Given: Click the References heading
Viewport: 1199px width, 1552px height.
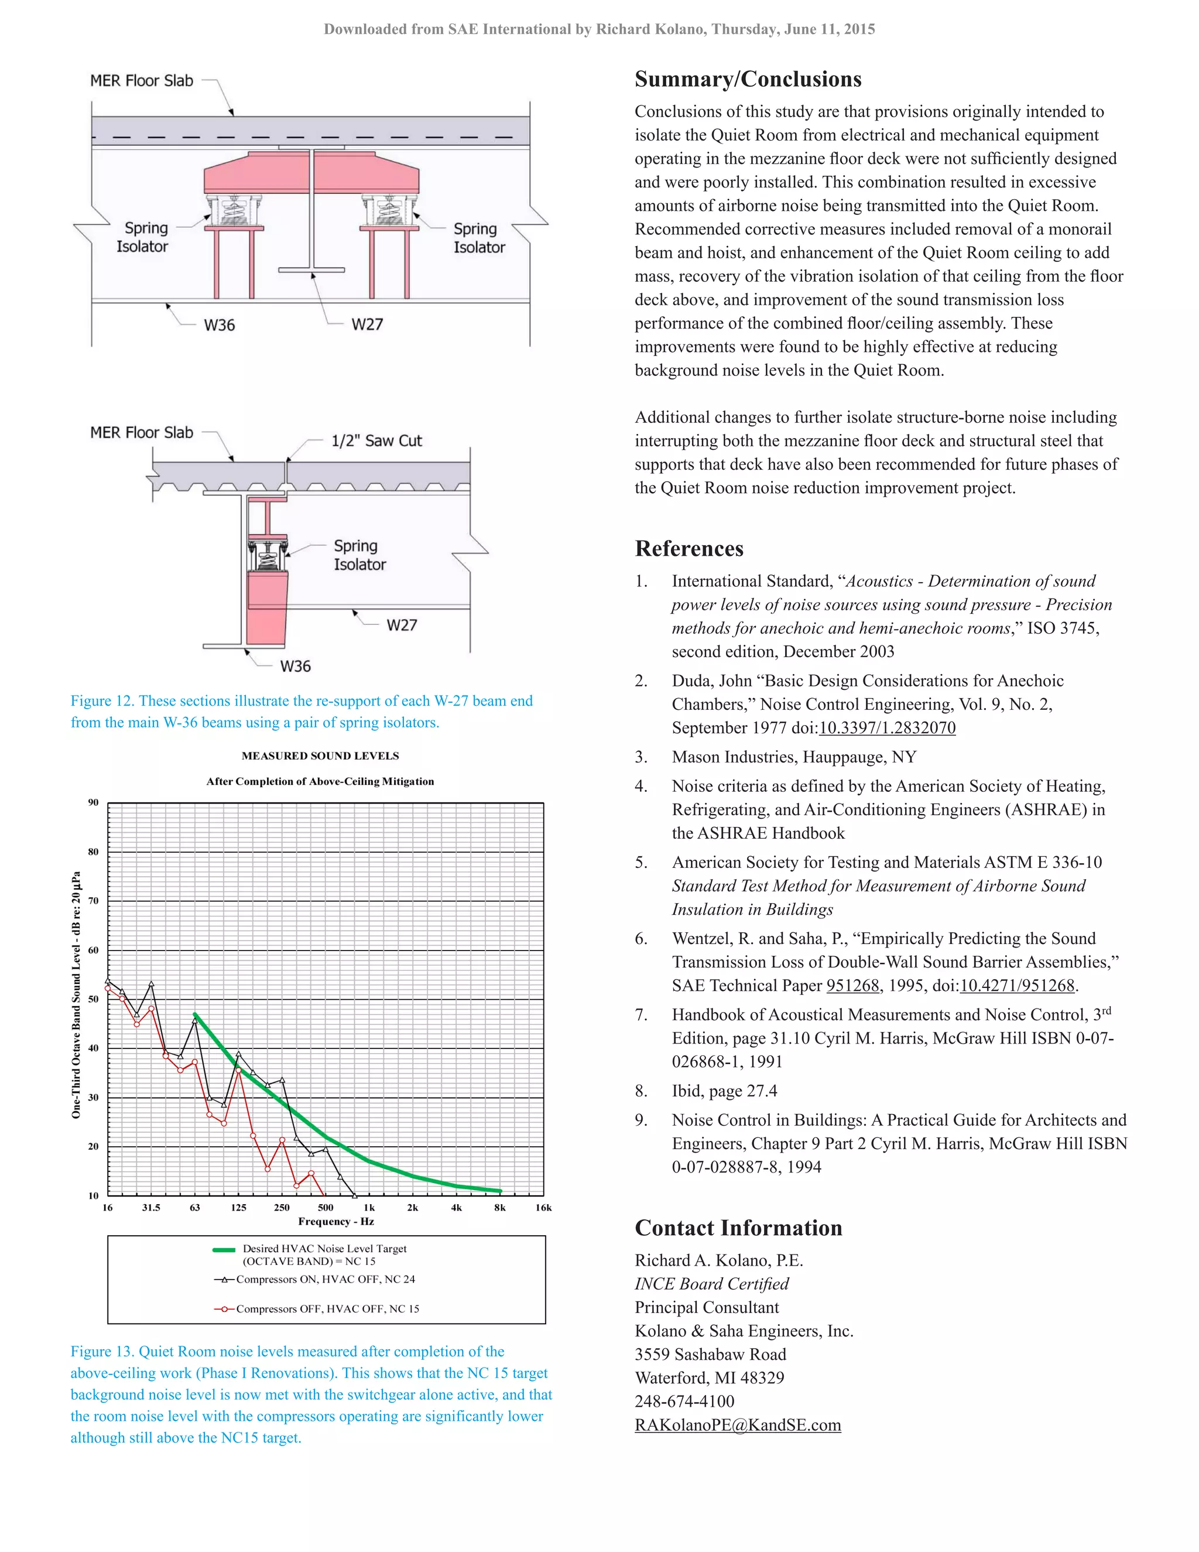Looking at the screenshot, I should tap(688, 549).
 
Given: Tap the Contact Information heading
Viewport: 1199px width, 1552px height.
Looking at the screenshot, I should tap(738, 1228).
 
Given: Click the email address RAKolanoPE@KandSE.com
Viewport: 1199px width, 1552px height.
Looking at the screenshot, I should tap(737, 1425).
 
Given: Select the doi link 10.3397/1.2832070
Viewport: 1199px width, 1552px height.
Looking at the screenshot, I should tap(886, 727).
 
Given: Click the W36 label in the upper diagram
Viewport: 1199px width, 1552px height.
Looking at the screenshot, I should tap(219, 326).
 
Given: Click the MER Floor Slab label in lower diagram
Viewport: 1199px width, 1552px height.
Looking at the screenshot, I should tap(141, 433).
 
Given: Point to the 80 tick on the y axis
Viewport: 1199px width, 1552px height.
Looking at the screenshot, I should tap(93, 852).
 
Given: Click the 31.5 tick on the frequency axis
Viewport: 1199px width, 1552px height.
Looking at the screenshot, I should tap(150, 1208).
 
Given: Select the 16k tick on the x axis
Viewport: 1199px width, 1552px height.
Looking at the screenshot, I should tap(543, 1208).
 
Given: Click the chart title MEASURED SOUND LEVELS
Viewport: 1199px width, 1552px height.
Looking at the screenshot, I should tap(320, 756).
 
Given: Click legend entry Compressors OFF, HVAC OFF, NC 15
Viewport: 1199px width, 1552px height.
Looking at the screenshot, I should tap(327, 1309).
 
